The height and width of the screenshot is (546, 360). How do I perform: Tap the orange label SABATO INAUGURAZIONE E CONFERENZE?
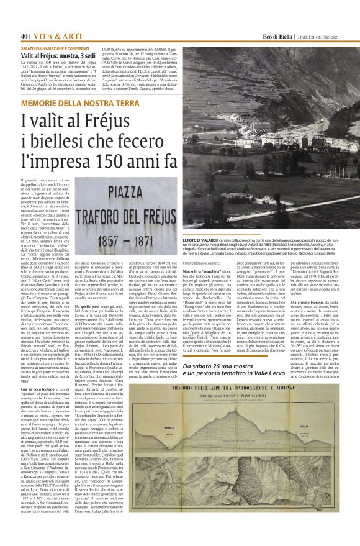coord(60,48)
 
